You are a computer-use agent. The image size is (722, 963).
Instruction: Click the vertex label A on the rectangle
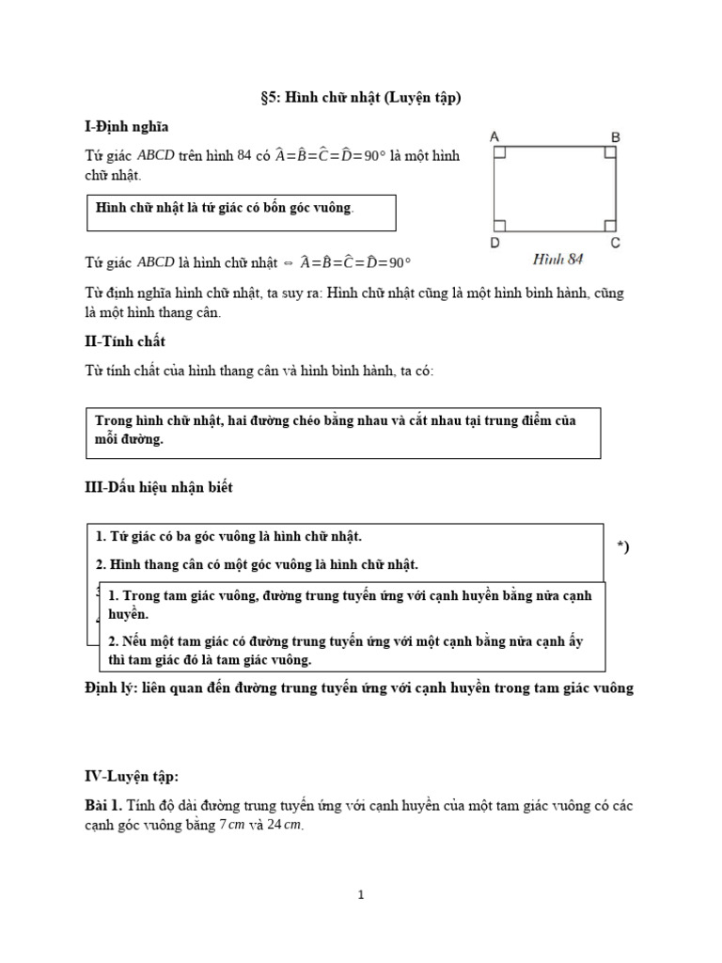(494, 137)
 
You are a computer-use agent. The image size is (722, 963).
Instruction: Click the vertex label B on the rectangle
(616, 137)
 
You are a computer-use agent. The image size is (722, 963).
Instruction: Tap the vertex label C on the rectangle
(616, 243)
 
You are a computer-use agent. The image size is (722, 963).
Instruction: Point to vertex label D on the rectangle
(494, 243)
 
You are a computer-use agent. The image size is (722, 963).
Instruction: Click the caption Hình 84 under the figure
(557, 258)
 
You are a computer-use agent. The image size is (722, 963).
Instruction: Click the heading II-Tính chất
(125, 341)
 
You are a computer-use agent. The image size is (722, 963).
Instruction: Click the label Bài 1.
(104, 807)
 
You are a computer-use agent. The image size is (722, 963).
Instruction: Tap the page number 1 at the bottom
(361, 896)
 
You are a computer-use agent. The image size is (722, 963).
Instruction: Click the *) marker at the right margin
(622, 547)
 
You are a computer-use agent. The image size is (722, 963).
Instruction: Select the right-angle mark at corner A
(500, 151)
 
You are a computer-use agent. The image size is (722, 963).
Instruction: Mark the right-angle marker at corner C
(609, 225)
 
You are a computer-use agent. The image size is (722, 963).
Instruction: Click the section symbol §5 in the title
(270, 97)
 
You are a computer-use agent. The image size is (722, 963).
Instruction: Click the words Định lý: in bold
(113, 688)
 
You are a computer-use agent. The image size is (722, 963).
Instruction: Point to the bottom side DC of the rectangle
(555, 231)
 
